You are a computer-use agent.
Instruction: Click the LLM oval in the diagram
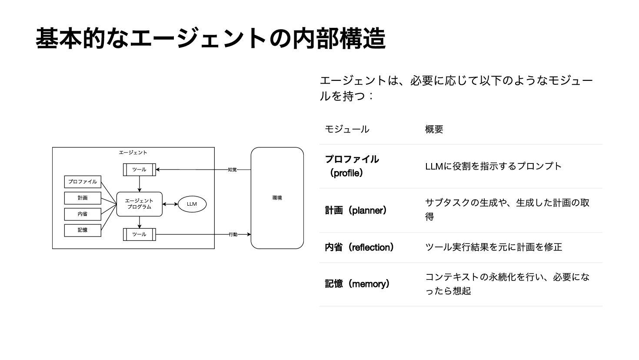coord(192,204)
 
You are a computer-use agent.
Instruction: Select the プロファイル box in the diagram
coord(83,182)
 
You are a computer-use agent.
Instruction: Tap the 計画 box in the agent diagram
coord(83,198)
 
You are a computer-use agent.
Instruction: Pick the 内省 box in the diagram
coord(83,214)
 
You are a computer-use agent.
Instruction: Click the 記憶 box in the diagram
coord(83,230)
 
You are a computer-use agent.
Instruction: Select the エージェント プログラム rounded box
coord(139,204)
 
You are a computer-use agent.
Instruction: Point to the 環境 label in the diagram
coord(277,198)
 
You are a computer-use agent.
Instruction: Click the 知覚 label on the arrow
coord(233,170)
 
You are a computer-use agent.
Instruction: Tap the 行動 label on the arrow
coord(233,234)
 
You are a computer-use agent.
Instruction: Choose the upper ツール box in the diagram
coord(139,170)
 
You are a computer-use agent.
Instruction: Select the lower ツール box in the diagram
coord(139,234)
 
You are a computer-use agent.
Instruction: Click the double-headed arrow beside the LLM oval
coord(170,204)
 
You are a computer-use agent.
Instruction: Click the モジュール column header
coord(347,129)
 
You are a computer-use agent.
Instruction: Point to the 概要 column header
coord(434,129)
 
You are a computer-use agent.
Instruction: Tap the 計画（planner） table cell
coord(356,211)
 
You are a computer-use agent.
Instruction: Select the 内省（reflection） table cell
coord(359,247)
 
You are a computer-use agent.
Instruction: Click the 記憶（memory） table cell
coord(357,284)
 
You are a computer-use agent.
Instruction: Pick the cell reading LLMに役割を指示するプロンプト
coord(493,166)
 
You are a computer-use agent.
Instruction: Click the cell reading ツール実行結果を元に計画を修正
coord(493,247)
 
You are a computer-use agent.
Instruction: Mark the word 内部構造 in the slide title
coord(339,38)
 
